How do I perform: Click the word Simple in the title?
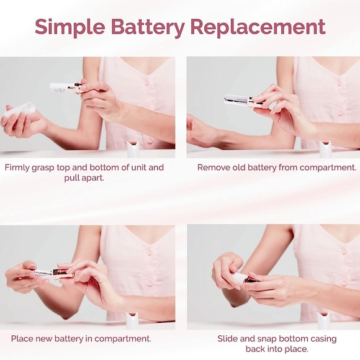click(x=70, y=27)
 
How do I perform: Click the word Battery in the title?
click(x=148, y=27)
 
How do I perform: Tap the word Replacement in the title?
click(x=258, y=27)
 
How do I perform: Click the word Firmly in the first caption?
click(x=17, y=168)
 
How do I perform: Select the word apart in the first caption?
click(x=93, y=178)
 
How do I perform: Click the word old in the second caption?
click(x=239, y=168)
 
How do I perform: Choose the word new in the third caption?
click(x=44, y=339)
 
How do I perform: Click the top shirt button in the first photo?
click(x=146, y=81)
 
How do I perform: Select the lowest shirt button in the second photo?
click(x=341, y=112)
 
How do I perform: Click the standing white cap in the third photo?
click(x=132, y=320)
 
